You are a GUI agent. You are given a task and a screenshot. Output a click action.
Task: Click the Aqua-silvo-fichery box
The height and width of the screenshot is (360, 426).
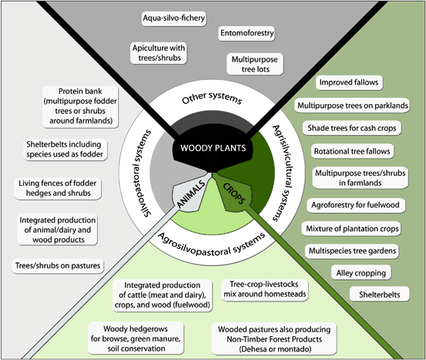pyautogui.click(x=174, y=17)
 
